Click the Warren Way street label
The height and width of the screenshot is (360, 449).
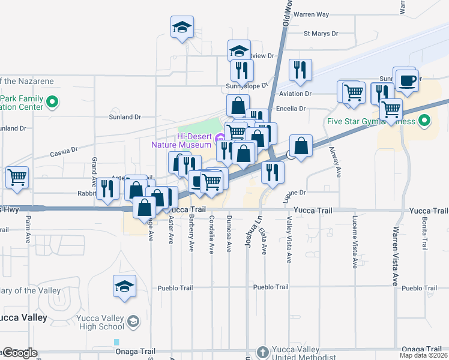tap(312, 14)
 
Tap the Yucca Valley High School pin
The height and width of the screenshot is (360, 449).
tap(133, 322)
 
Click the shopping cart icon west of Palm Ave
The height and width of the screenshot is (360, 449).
tap(17, 177)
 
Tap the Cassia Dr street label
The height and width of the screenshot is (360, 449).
tap(64, 150)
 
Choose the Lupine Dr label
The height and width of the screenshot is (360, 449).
tap(295, 193)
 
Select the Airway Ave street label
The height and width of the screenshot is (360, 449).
tap(338, 164)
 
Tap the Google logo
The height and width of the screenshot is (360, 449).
tap(20, 352)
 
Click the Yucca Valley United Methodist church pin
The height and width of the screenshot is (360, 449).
tap(262, 352)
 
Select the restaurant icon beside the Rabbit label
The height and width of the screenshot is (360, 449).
tap(108, 188)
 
